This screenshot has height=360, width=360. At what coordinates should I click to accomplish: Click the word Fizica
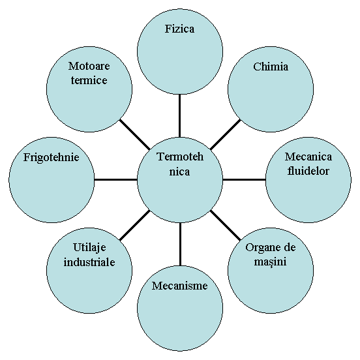pos(179,29)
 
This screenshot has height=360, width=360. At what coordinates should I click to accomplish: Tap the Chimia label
pos(271,67)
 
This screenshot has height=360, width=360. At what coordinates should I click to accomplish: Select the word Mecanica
pos(308,157)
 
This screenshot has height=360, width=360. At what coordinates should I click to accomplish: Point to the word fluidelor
pos(308,171)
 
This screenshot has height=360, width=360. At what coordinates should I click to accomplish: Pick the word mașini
pos(270,262)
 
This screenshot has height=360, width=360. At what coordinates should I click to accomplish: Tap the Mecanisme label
pos(180,286)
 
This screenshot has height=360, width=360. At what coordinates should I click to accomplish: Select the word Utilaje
pos(89,248)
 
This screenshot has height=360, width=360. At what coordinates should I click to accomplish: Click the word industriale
pos(89,262)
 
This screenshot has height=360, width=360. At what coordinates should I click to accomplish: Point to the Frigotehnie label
pos(52,158)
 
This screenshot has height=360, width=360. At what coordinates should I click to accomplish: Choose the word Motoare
pos(89,66)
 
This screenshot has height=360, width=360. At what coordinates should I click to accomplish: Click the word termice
pos(89,80)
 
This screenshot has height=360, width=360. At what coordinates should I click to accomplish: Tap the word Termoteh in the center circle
pos(180,157)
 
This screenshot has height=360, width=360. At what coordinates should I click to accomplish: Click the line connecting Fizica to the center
pos(179,116)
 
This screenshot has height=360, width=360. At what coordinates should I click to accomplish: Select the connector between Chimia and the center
pos(226,134)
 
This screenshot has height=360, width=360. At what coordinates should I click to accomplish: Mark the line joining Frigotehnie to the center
pos(115,179)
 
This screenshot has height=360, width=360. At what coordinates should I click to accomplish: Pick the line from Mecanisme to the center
pos(180,244)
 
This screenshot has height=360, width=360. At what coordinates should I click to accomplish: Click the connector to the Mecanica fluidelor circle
pos(244,179)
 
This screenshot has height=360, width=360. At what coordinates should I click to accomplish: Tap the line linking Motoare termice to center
pos(135,134)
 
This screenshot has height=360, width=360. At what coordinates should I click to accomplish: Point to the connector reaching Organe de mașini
pos(226,225)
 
